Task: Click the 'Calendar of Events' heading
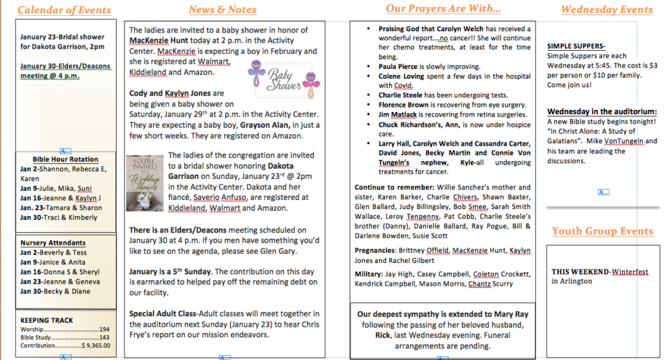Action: (64, 10)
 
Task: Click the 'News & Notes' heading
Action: (223, 10)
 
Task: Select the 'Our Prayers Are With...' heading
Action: (443, 8)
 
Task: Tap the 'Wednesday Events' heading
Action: (606, 9)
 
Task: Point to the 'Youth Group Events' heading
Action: (602, 231)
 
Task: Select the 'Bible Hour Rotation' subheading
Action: (65, 159)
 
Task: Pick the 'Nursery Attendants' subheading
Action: (53, 243)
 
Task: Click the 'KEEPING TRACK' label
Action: (47, 320)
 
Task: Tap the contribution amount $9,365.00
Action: (95, 346)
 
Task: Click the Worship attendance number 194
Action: (104, 329)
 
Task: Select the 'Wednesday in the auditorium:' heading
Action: (601, 112)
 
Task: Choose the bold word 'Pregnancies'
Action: (375, 250)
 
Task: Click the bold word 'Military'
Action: (369, 274)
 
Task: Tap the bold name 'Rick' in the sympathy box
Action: (382, 335)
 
